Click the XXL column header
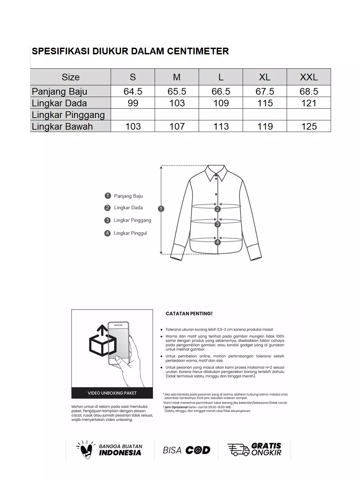(x=309, y=77)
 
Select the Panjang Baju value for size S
(x=133, y=91)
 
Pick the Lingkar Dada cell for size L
(x=221, y=103)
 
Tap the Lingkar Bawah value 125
(x=309, y=126)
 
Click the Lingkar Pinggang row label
(x=68, y=115)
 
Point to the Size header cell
(x=71, y=77)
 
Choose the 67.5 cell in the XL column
(x=265, y=91)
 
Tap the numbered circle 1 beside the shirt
(x=161, y=209)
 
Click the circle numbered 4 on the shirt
(x=217, y=242)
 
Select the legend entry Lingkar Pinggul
(x=130, y=233)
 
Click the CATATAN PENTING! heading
(x=189, y=314)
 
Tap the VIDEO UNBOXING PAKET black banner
(x=112, y=393)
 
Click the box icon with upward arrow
(x=102, y=342)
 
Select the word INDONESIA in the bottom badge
(x=120, y=453)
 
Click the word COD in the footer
(x=198, y=450)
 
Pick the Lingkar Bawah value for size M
(x=177, y=126)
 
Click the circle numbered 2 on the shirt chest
(x=217, y=209)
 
